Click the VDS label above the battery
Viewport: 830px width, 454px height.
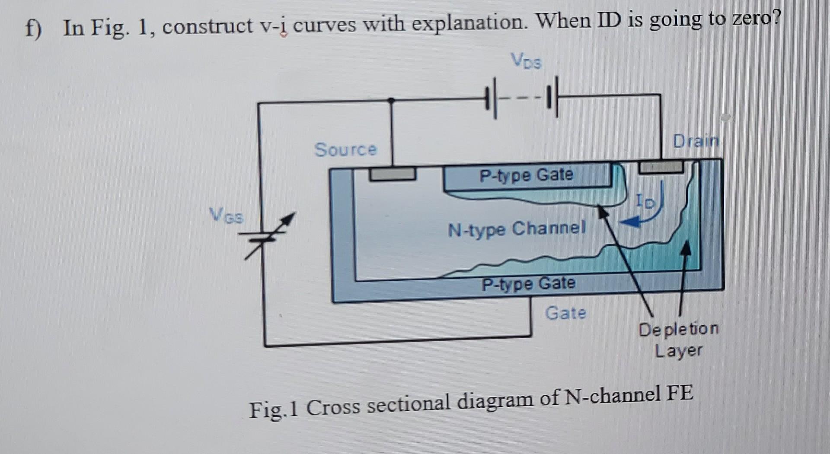[526, 61]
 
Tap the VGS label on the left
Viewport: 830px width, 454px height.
[226, 215]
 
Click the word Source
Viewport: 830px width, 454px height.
[345, 149]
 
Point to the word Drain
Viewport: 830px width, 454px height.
[695, 141]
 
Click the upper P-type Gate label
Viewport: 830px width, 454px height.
[526, 175]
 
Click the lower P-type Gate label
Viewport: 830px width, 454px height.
[528, 284]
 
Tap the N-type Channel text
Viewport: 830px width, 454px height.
[517, 229]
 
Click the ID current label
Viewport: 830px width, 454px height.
[645, 201]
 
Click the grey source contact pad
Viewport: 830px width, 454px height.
[392, 174]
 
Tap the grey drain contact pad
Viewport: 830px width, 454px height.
[661, 167]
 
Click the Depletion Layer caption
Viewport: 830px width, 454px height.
[678, 340]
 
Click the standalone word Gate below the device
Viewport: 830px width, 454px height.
[565, 313]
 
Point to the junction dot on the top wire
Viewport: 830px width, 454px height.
[391, 101]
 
